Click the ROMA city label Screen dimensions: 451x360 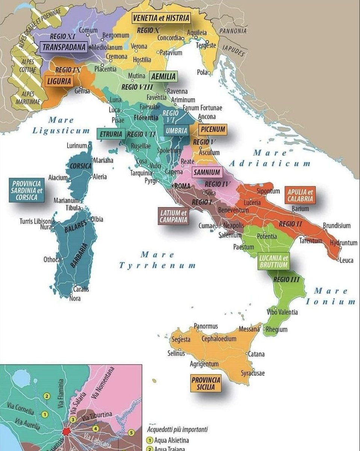(x=183, y=186)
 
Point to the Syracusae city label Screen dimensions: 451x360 (x=253, y=373)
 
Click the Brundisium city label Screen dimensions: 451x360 (x=336, y=226)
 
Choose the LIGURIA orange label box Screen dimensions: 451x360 (x=59, y=81)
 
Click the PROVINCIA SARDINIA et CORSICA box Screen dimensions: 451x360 (x=27, y=190)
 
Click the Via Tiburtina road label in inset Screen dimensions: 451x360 (x=97, y=415)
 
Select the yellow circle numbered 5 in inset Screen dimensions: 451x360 (x=131, y=433)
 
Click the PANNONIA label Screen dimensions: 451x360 (x=233, y=31)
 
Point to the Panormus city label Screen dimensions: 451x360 (x=206, y=326)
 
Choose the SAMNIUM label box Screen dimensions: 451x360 (x=207, y=173)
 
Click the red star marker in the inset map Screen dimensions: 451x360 (x=67, y=431)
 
